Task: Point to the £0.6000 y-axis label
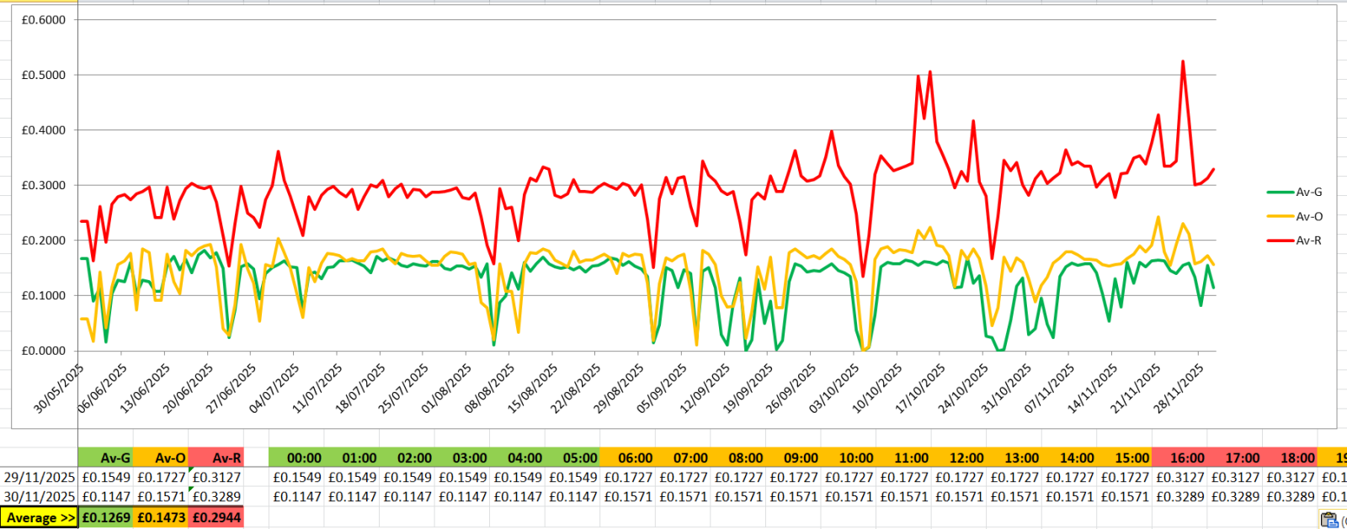tap(44, 20)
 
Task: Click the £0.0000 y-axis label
tap(44, 351)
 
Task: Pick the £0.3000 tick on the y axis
tap(44, 186)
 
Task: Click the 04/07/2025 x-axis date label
tap(274, 389)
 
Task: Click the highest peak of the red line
tap(1183, 61)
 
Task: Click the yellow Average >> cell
tap(40, 518)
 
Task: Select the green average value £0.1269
tap(106, 518)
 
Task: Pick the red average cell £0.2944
tap(216, 518)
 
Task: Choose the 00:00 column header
tap(304, 458)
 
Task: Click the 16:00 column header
tap(1187, 458)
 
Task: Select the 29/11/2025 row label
tap(40, 478)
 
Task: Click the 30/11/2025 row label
tap(40, 497)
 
